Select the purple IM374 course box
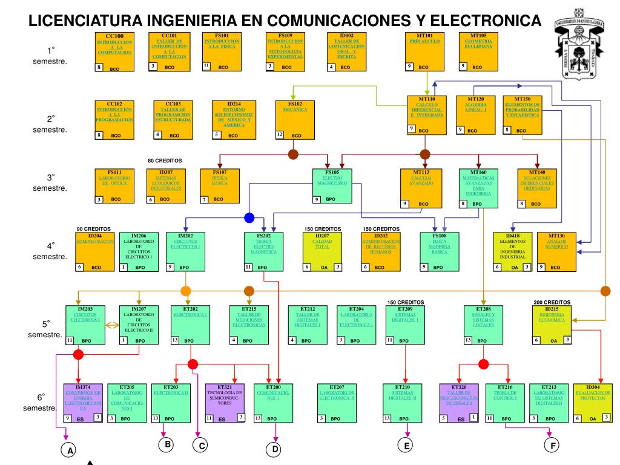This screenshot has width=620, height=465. (x=83, y=403)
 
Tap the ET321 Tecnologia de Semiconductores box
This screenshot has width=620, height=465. (x=225, y=403)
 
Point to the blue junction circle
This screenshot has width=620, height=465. (x=249, y=218)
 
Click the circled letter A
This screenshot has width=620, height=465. (x=70, y=450)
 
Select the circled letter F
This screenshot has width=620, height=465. (x=551, y=446)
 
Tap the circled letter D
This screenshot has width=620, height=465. (x=275, y=449)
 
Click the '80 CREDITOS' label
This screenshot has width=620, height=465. (x=165, y=161)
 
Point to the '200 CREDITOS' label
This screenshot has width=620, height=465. (x=552, y=302)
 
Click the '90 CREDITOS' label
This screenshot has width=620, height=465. (x=94, y=229)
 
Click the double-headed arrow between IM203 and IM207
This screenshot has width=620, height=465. (x=111, y=325)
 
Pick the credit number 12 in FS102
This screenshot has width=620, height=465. (x=279, y=134)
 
